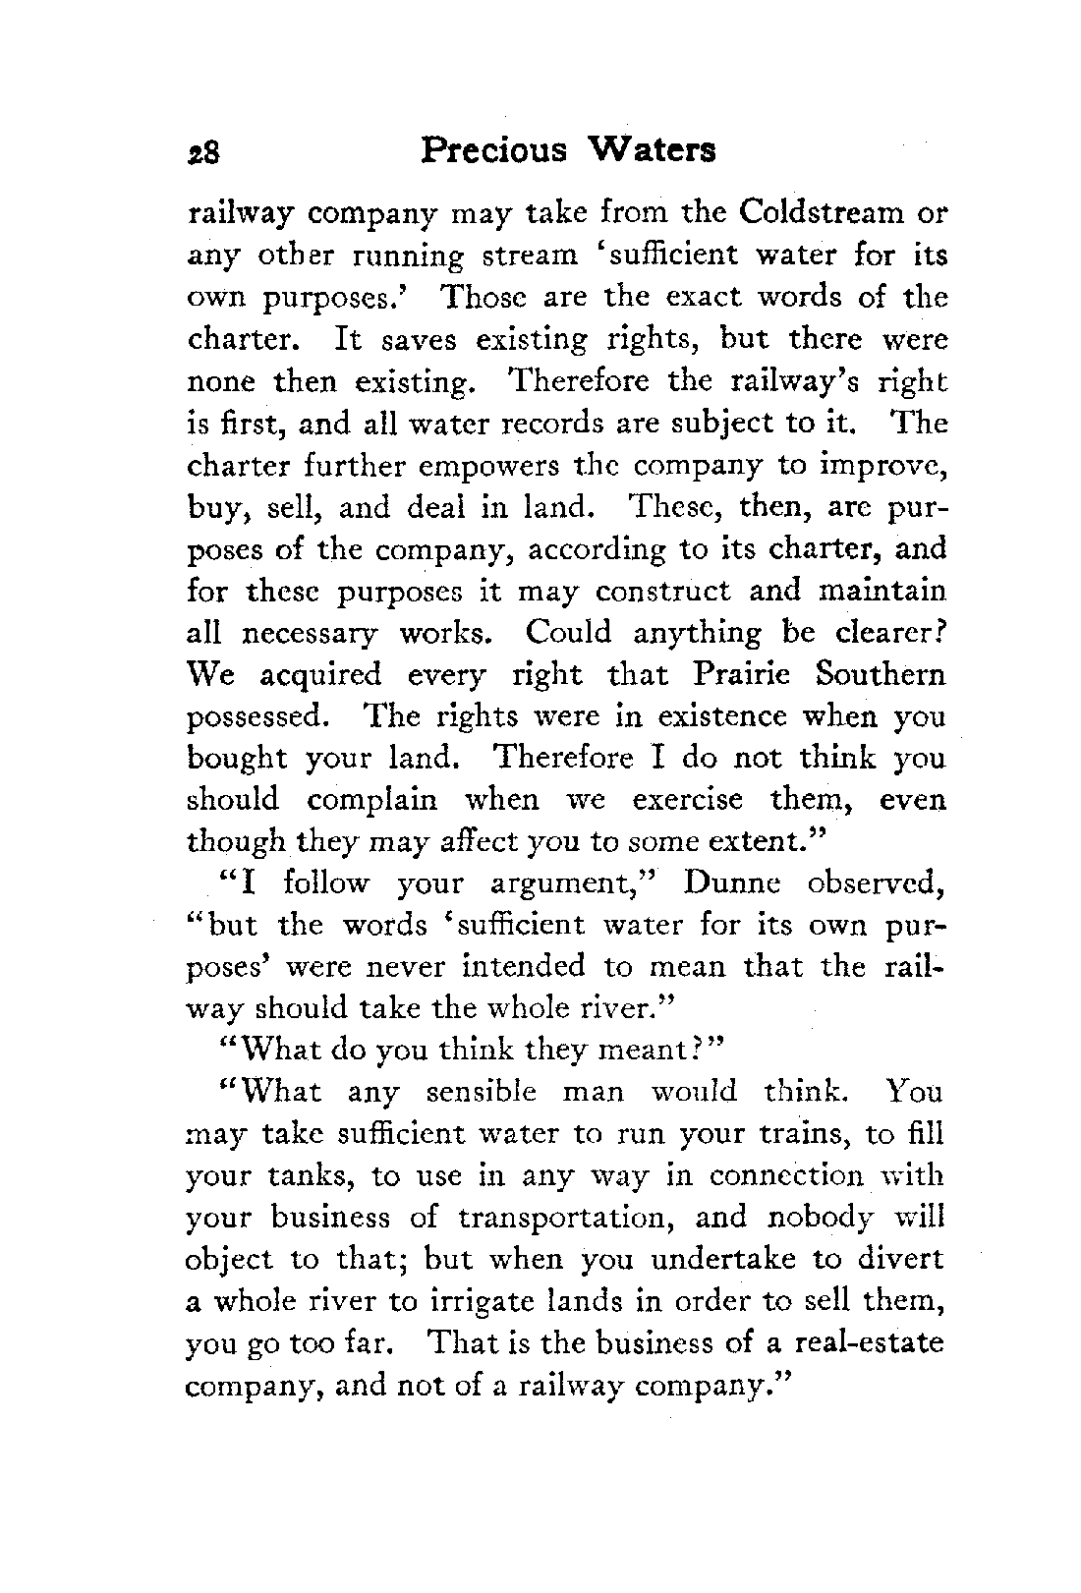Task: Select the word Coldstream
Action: (x=822, y=213)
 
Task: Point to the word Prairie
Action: (x=739, y=674)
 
